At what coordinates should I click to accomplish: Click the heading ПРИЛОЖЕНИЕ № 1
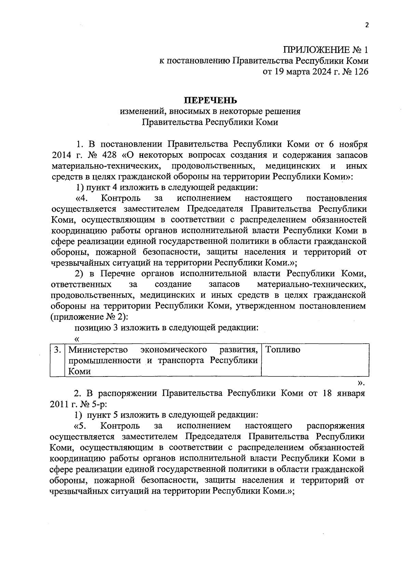326,50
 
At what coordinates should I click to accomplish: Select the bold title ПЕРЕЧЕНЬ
210,100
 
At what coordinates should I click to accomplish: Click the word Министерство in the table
98,350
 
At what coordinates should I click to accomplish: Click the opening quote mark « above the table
77,339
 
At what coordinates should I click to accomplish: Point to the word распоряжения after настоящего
336,426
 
